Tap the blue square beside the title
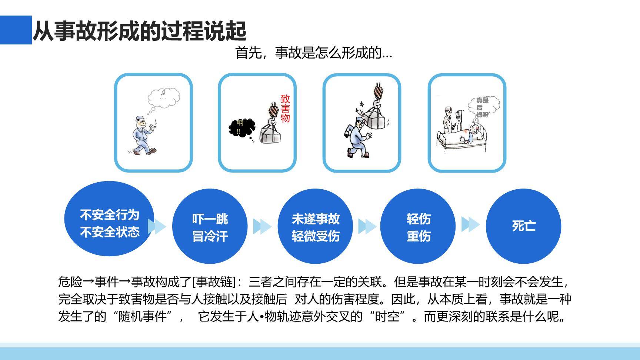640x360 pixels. (x=16, y=30)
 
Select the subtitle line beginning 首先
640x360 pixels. (x=313, y=53)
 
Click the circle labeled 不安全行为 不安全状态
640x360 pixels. (x=109, y=219)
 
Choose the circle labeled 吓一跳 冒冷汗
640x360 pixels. (x=210, y=226)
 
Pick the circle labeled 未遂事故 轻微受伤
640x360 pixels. (x=315, y=226)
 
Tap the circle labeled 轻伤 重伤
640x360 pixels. (x=418, y=226)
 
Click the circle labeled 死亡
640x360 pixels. (x=523, y=226)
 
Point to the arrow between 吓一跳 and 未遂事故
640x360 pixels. (x=262, y=226)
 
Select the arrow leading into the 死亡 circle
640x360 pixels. (x=470, y=224)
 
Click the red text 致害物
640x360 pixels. (x=285, y=109)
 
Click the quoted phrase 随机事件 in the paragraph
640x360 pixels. (x=143, y=317)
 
